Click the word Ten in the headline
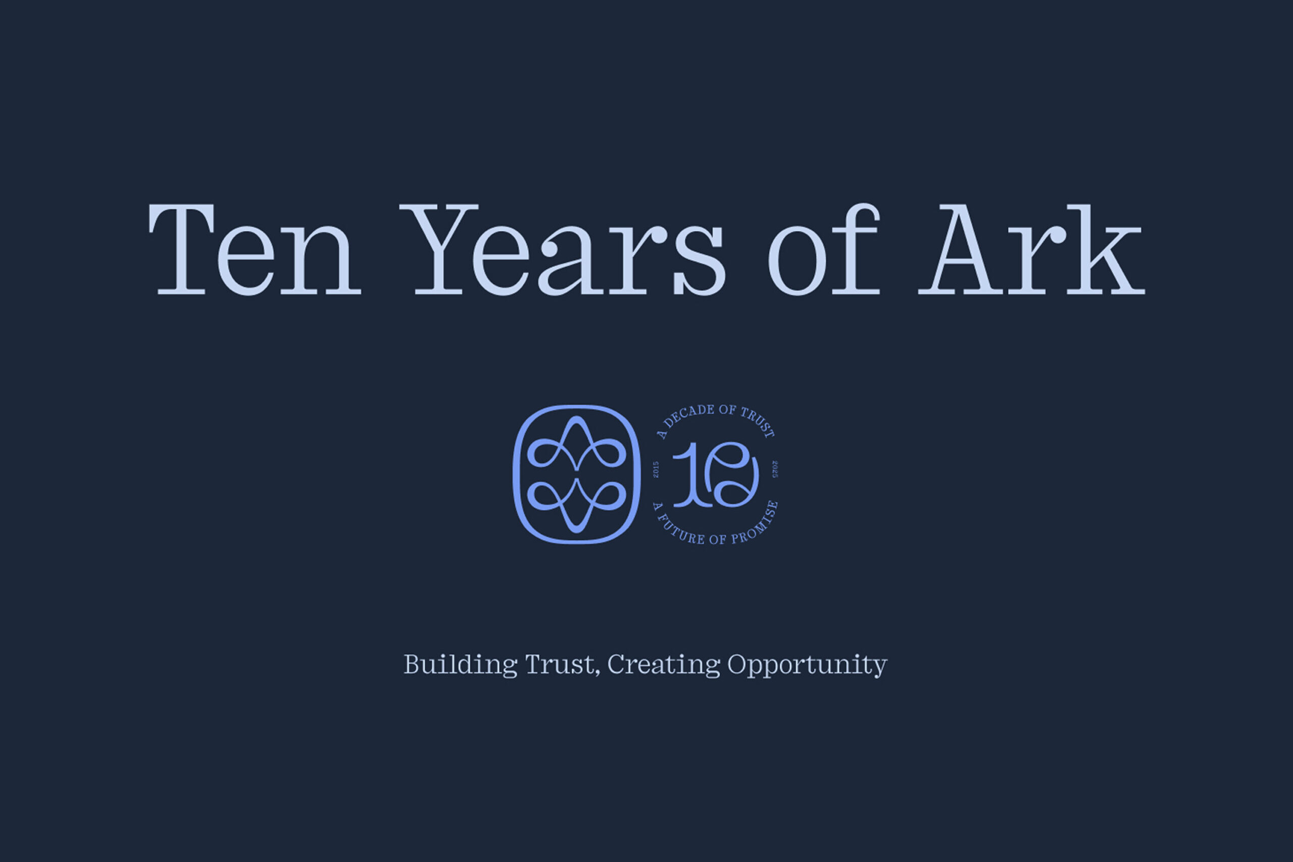(x=255, y=249)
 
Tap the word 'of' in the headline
(x=824, y=249)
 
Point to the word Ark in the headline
(x=1031, y=249)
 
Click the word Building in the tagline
(x=460, y=664)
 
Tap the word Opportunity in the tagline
(x=807, y=665)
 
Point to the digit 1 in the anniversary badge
(x=687, y=474)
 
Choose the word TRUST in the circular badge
(x=758, y=422)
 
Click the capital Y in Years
(x=438, y=249)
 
